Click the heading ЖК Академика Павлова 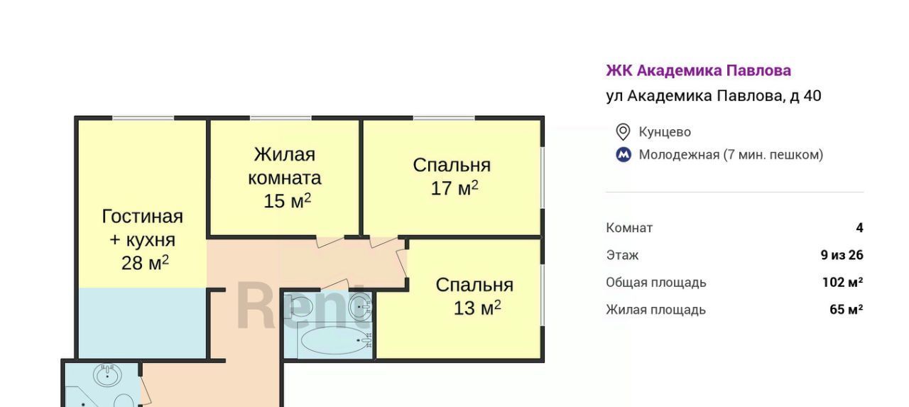[x=698, y=70]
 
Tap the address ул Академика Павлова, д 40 [x=714, y=96]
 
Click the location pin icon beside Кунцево [x=623, y=132]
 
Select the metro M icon [x=624, y=155]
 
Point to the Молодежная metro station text [x=731, y=155]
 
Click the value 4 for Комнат [x=859, y=227]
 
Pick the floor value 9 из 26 [x=842, y=255]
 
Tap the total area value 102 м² [x=843, y=282]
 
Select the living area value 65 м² [x=847, y=309]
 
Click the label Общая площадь [x=656, y=283]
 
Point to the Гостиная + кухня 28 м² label [x=143, y=239]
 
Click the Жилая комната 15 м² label [x=285, y=178]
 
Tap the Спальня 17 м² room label [x=452, y=177]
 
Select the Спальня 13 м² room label [x=474, y=297]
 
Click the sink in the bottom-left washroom [x=107, y=375]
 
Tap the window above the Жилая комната [x=281, y=118]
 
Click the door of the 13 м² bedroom [x=402, y=264]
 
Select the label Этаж [x=622, y=255]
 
